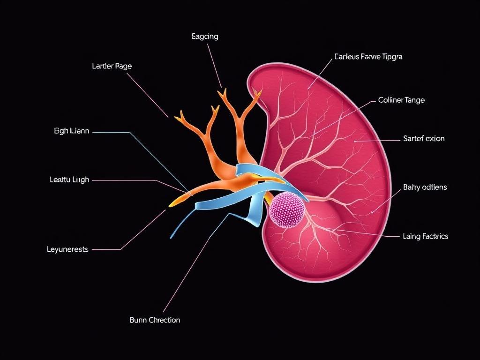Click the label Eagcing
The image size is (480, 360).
click(x=205, y=37)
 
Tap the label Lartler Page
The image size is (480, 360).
click(x=112, y=67)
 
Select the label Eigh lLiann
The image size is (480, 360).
click(x=71, y=132)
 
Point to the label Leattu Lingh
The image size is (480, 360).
click(x=69, y=180)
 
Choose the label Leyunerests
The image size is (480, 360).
click(x=67, y=249)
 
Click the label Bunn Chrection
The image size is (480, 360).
click(x=155, y=320)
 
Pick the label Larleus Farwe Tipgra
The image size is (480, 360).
click(x=368, y=57)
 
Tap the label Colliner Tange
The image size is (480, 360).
click(x=401, y=100)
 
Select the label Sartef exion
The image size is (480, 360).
click(x=424, y=139)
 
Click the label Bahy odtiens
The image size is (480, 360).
click(x=425, y=187)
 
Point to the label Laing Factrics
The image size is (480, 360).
click(x=426, y=236)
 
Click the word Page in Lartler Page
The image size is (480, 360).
click(x=123, y=67)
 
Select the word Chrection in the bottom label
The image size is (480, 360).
click(x=164, y=320)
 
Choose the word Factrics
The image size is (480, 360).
click(x=435, y=236)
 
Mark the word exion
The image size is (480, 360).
click(x=435, y=139)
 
